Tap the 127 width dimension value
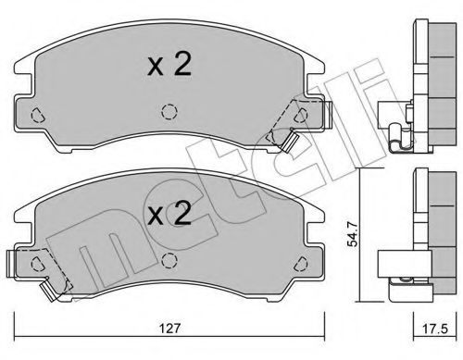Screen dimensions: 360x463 tap(168, 326)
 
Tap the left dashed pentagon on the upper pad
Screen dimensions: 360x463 tap(37, 117)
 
